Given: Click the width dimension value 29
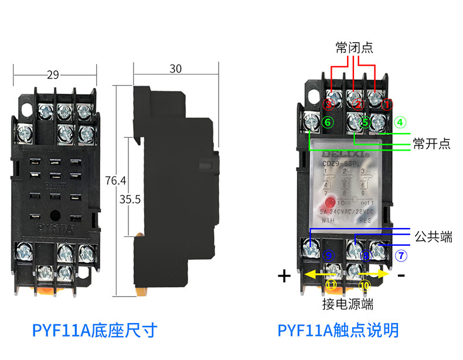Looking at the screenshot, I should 53,74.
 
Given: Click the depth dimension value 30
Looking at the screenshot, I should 175,69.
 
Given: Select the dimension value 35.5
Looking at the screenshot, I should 130,199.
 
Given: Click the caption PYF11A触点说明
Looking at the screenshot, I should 339,330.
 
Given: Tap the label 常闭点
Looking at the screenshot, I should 354,47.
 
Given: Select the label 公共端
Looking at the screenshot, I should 433,237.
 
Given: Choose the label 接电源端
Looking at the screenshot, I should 347,304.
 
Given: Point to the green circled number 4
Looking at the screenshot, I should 400,123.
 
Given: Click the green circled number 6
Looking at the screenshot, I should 328,122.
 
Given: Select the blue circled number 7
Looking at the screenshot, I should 400,256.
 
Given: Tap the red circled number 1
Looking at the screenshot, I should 387,105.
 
